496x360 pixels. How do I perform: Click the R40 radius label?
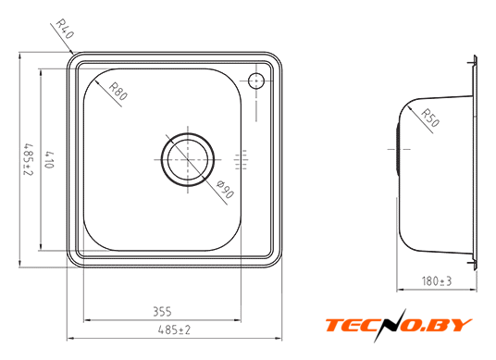click(65, 29)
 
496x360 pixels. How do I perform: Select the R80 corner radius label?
click(118, 91)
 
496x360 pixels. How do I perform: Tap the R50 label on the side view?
click(430, 118)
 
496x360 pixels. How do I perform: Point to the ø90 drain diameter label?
click(225, 189)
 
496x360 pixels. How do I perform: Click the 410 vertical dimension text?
click(49, 160)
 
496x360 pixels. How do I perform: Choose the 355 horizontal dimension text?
click(162, 312)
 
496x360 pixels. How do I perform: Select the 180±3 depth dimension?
click(437, 281)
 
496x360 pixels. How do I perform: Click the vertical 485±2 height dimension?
click(29, 160)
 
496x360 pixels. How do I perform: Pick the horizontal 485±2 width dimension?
click(174, 330)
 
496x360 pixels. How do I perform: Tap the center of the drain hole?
click(188, 160)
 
